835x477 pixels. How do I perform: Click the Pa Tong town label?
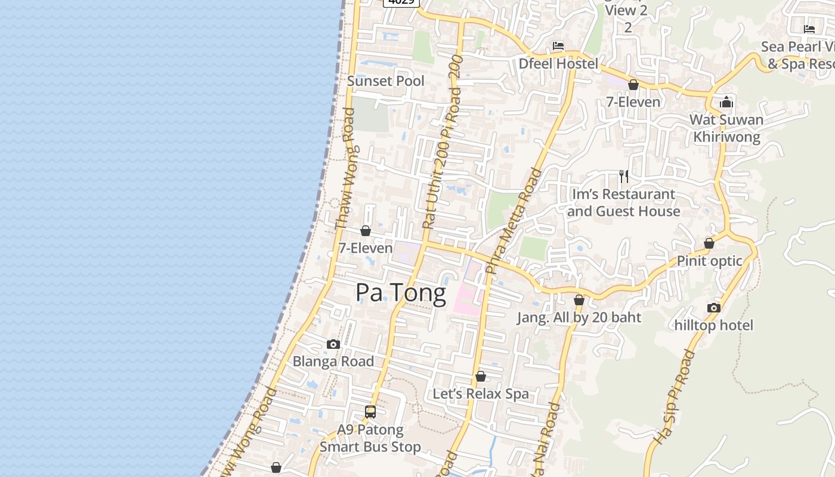coord(401,293)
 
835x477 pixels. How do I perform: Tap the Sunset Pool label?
coord(386,81)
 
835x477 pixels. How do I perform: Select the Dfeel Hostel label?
coord(558,64)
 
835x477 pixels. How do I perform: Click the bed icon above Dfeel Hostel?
coord(558,45)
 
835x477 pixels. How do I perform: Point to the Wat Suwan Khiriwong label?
coord(726,128)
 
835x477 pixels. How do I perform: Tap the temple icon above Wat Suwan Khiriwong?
coord(726,102)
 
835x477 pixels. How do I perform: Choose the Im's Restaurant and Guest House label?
coord(623,203)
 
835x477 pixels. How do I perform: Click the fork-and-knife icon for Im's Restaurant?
coord(624,176)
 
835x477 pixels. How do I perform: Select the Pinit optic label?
coord(709,261)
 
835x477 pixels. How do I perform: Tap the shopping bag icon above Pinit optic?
coord(709,243)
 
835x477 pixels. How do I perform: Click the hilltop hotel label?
coord(714,326)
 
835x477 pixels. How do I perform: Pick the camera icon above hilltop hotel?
coord(714,308)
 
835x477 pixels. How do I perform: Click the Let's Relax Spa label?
coord(481,394)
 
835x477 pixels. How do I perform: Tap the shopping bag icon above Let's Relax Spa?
coord(481,376)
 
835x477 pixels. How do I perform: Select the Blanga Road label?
coord(333,361)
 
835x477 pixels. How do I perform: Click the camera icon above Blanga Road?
coord(333,344)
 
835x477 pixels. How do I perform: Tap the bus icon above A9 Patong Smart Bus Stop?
coord(370,411)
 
